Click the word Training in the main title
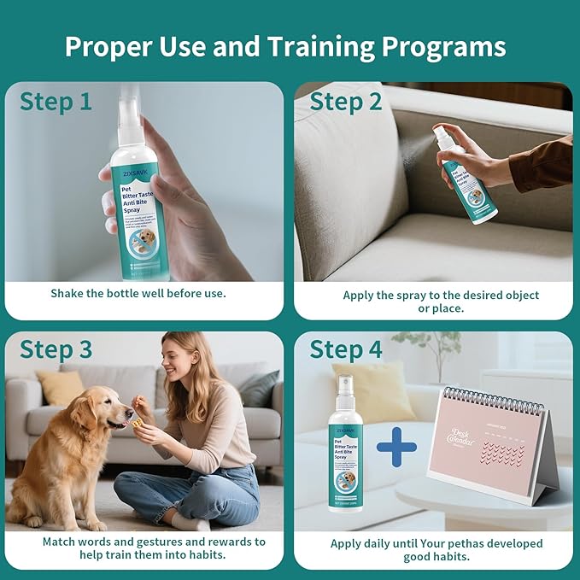coord(313,47)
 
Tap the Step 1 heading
coord(56,102)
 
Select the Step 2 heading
coord(345,102)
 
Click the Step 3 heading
coord(56,349)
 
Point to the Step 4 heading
coord(345,349)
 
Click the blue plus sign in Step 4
coord(396,447)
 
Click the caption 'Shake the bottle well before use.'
coord(138,293)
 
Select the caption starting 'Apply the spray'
coord(441,301)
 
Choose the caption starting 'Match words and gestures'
coord(154,548)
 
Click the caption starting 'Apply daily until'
coord(436,549)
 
